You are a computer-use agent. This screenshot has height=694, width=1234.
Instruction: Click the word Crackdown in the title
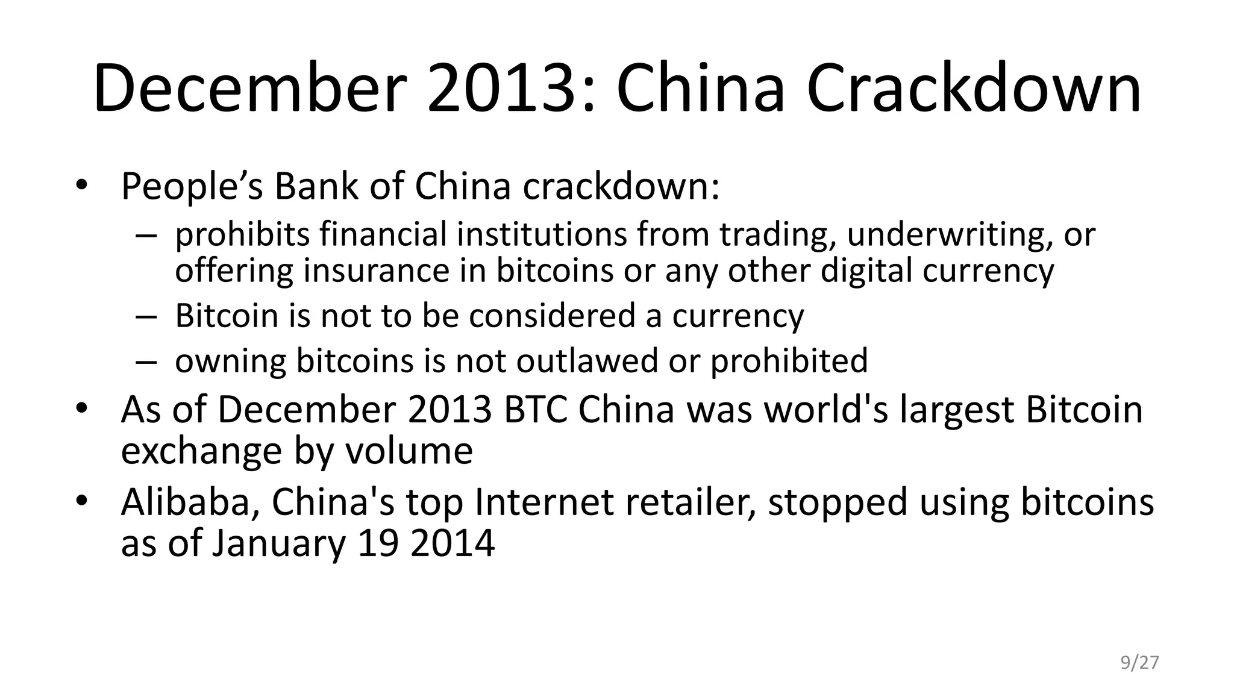(x=973, y=89)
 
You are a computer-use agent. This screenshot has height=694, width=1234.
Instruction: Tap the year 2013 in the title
(x=501, y=89)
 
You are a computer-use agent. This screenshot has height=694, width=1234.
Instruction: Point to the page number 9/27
(x=1139, y=663)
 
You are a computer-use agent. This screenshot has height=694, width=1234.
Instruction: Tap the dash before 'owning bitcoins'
(x=146, y=361)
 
